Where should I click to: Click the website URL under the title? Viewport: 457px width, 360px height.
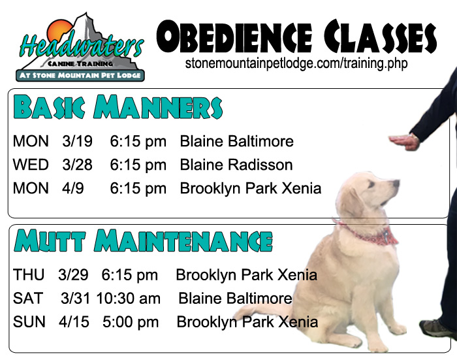[x=296, y=64]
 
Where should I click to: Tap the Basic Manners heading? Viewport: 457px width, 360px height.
[x=118, y=106]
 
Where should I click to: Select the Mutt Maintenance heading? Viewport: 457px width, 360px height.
[x=143, y=240]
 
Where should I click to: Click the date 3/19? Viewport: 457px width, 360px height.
[x=77, y=141]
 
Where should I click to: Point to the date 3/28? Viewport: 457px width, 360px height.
[x=77, y=165]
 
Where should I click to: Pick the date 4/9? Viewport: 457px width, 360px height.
[x=73, y=188]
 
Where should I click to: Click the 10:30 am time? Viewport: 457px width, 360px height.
[x=128, y=299]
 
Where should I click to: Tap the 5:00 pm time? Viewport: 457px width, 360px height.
[x=131, y=322]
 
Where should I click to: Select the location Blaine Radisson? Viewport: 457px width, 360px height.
[x=236, y=165]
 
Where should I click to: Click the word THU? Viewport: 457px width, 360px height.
[x=29, y=275]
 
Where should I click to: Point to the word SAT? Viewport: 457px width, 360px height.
[x=28, y=299]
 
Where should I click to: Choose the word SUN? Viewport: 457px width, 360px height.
[x=29, y=322]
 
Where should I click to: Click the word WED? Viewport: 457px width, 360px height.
[x=31, y=165]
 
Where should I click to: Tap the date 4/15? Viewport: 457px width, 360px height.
[x=74, y=322]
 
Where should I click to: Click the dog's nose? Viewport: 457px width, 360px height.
[x=396, y=183]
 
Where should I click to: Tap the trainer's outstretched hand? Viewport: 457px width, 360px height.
[x=404, y=142]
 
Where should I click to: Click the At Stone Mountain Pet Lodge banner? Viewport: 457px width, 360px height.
[x=80, y=75]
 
